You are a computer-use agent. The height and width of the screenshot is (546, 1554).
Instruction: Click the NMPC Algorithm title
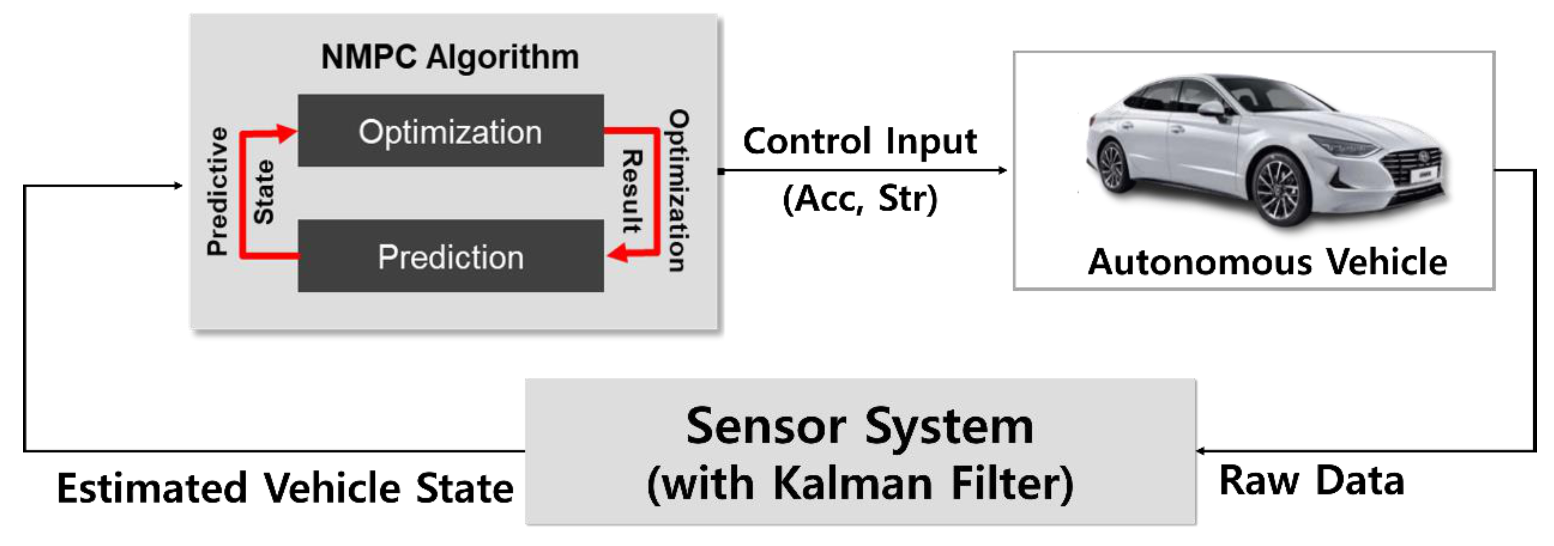pos(450,57)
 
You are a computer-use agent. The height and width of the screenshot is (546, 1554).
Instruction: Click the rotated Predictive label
pos(217,192)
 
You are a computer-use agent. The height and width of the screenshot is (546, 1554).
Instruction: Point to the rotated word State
pos(263,192)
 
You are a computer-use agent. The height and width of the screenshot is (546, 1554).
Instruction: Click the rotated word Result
pos(632,192)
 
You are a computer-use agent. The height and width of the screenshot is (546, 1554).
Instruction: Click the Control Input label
pos(859,141)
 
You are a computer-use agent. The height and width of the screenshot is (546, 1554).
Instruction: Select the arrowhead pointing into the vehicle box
pos(1002,170)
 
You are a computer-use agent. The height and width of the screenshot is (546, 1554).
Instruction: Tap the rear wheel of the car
pos(1113,166)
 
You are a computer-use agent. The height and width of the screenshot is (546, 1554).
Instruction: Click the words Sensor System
pos(859,426)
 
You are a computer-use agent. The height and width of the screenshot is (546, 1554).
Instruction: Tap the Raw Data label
pos(1312,481)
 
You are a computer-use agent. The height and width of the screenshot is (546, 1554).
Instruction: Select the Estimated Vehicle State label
pos(285,487)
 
